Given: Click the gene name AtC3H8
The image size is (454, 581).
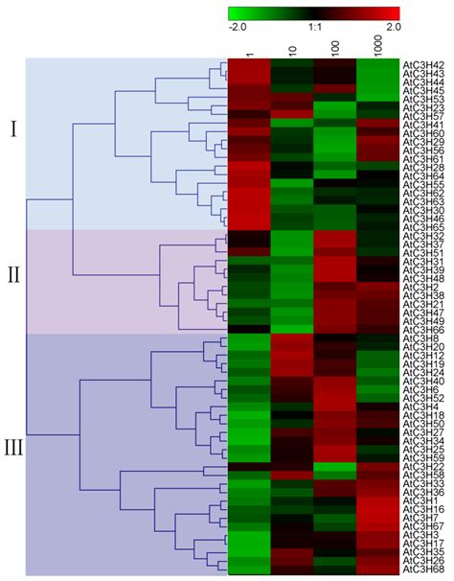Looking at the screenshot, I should pyautogui.click(x=422, y=339).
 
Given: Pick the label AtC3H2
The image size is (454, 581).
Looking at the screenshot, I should pyautogui.click(x=421, y=288).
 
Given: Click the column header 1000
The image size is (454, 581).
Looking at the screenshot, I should pyautogui.click(x=381, y=45).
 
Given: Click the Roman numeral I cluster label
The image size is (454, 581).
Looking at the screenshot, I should pyautogui.click(x=13, y=129).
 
